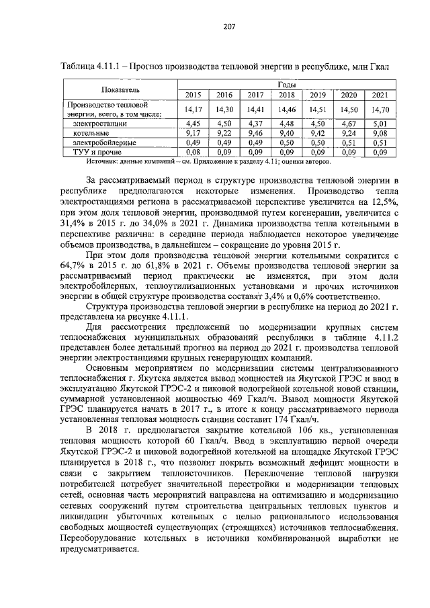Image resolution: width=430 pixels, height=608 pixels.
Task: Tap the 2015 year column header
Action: [193, 95]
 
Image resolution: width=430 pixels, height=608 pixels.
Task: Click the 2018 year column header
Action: [287, 95]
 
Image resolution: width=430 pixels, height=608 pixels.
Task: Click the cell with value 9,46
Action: [255, 134]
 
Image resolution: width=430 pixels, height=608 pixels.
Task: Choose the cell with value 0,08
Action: [193, 153]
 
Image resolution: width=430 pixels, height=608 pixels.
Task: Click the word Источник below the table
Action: [103, 163]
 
